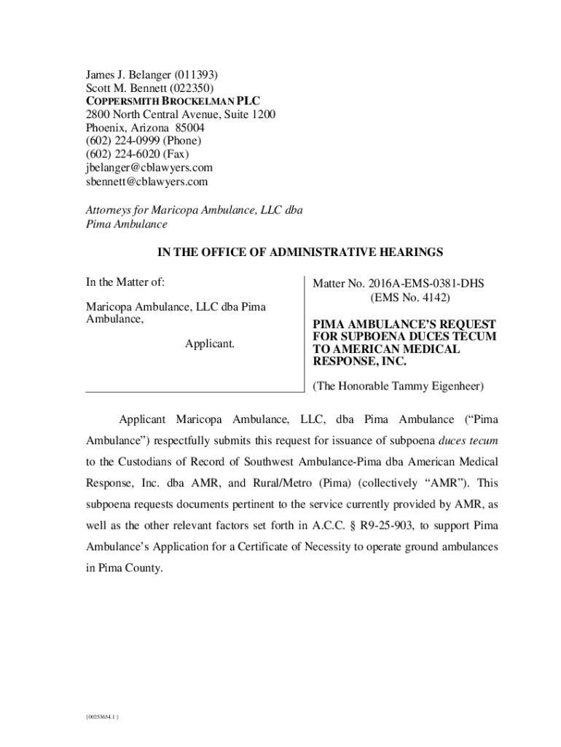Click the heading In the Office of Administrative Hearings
300,252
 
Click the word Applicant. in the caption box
209,343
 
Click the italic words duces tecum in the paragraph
468,441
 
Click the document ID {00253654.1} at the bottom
102,718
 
